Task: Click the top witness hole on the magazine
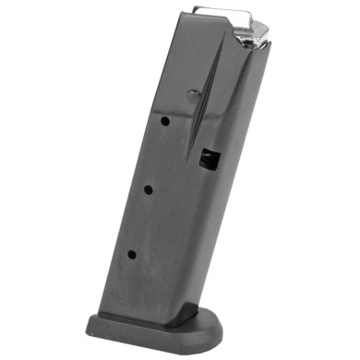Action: (162, 120)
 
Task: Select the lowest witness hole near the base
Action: (132, 254)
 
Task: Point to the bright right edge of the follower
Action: (268, 31)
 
